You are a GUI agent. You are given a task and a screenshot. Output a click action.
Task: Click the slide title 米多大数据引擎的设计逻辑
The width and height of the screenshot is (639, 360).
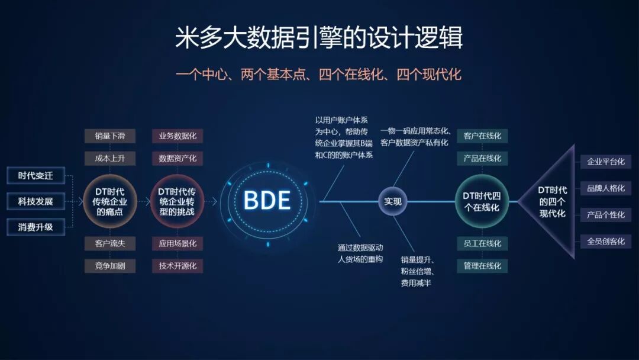(x=319, y=38)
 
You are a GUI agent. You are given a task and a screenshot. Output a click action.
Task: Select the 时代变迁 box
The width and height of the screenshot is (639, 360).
(x=35, y=175)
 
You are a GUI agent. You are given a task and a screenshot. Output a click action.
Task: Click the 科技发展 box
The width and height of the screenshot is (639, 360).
(x=35, y=201)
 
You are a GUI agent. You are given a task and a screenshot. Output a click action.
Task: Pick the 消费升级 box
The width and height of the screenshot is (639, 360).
(x=35, y=227)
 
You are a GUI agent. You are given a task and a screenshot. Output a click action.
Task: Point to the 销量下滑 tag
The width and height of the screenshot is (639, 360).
(x=110, y=136)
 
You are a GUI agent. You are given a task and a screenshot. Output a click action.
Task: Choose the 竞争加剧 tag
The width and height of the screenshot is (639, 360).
(x=110, y=266)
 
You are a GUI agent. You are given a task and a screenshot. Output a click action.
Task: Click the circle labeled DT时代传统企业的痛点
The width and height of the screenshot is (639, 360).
(x=110, y=201)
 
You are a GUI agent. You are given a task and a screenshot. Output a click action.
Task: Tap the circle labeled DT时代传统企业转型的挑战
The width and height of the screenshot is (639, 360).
(x=177, y=201)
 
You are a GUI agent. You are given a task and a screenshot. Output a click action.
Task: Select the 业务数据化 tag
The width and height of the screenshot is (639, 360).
(x=177, y=136)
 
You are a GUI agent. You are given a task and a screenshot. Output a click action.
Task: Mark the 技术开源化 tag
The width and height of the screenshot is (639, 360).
(x=177, y=266)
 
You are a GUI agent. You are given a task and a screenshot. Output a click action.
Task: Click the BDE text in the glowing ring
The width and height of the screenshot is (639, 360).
(x=267, y=201)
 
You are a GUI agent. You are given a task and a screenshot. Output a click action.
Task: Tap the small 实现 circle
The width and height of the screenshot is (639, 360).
(x=393, y=201)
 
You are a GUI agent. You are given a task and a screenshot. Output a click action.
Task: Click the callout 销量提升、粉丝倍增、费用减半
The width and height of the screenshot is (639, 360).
(x=418, y=271)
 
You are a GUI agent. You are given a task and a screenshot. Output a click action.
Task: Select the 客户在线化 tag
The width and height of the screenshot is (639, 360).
(x=482, y=136)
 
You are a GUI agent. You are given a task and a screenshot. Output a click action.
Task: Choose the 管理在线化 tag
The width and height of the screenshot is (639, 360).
(x=482, y=266)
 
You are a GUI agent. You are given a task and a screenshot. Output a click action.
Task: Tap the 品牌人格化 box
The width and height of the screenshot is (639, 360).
(x=605, y=188)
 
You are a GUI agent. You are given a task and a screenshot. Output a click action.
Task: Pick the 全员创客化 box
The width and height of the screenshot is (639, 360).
(x=605, y=242)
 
